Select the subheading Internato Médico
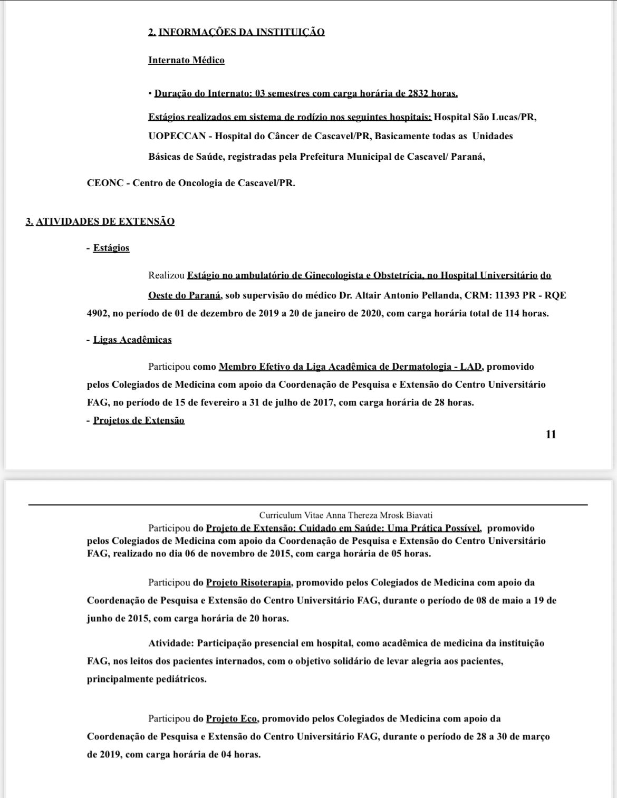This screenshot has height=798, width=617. point(186,60)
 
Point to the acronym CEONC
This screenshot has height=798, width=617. point(105,184)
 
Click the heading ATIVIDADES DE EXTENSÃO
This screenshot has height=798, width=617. point(105,222)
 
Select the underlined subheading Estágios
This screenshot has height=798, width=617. point(111,248)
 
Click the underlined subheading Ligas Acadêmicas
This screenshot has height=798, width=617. point(132,340)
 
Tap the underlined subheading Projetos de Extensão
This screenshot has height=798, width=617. point(139,420)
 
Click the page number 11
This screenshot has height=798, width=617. point(551,435)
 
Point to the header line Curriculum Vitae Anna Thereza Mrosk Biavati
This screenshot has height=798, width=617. point(346,515)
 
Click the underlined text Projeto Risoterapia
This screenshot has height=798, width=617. point(248,583)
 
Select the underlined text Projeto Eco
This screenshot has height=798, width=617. point(231,718)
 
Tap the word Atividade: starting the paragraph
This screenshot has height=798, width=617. point(168,643)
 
